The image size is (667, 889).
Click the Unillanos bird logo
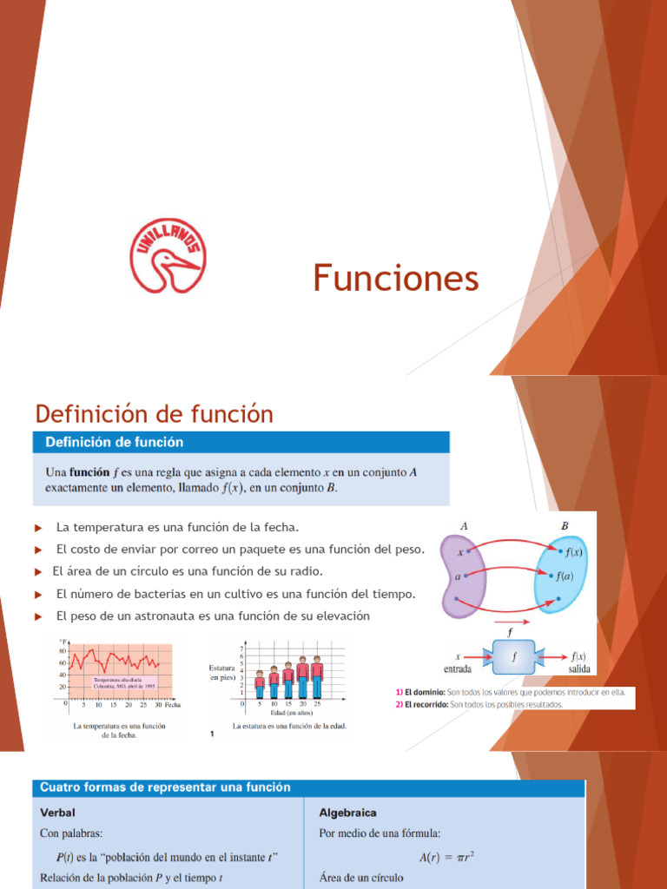tap(168, 254)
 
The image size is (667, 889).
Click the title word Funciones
tap(395, 279)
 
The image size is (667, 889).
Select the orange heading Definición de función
tap(154, 414)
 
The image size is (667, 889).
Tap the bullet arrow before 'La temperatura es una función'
tap(38, 528)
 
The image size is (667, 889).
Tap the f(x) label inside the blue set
tap(573, 552)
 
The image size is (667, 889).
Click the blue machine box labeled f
tap(514, 657)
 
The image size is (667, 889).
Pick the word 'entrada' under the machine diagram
tap(459, 669)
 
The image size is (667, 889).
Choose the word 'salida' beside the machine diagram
tap(579, 669)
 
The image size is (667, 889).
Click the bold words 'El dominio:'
tap(420, 692)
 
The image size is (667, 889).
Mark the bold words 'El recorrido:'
tap(421, 704)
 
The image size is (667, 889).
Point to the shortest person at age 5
tap(259, 684)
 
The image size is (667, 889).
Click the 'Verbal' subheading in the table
tap(58, 813)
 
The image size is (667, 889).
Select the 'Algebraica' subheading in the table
tap(347, 813)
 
